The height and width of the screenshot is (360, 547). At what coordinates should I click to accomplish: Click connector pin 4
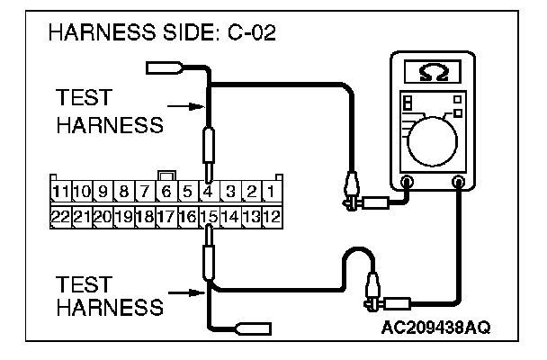(208, 192)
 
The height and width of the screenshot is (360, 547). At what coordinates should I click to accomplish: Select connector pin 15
(208, 217)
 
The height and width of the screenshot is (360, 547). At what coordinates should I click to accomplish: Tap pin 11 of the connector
(60, 192)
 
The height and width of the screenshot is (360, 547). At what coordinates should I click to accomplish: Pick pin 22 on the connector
(60, 217)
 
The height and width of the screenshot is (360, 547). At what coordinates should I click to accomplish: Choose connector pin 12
(272, 217)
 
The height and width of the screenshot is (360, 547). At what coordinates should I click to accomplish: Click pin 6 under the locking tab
(166, 192)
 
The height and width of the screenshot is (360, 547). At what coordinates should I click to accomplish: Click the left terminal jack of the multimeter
(406, 183)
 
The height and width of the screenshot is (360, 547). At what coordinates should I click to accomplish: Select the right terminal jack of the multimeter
(459, 183)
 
